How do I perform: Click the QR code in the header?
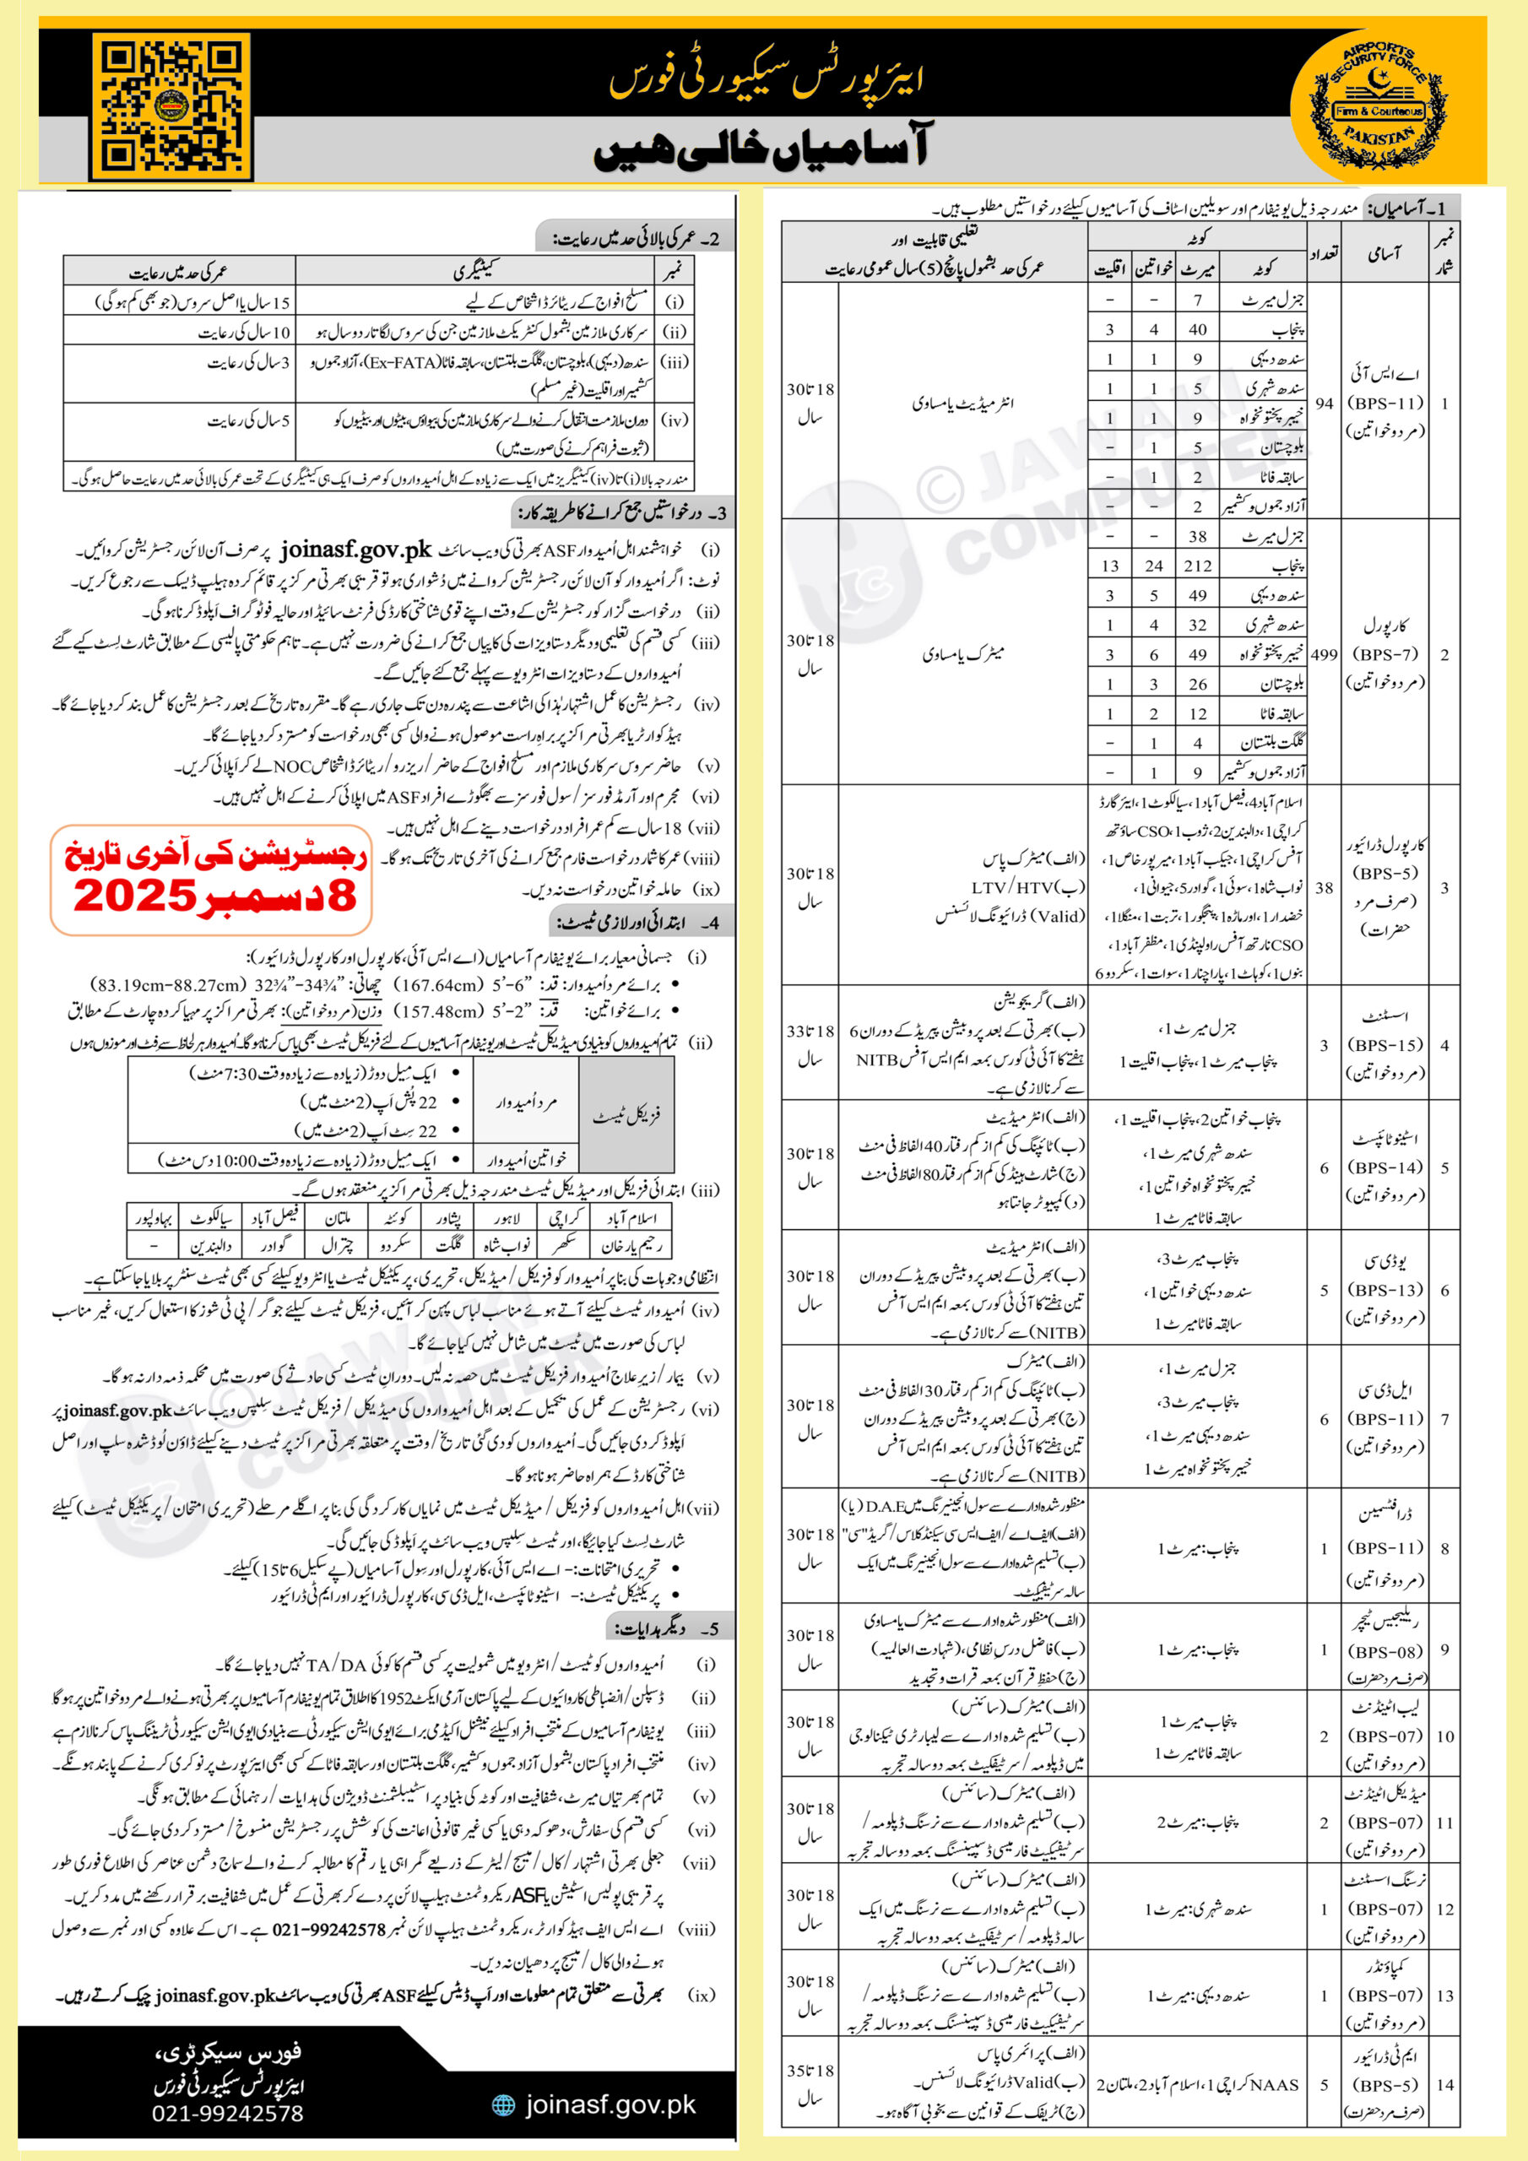171,106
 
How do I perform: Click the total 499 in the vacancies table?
1324,654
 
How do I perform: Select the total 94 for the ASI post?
1324,403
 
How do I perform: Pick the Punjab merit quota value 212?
1198,566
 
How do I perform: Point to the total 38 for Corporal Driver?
1324,887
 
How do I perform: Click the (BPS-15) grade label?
1384,1045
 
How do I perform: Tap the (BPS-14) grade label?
1384,1167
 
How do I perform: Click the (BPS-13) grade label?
1384,1290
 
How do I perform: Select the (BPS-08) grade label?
1384,1652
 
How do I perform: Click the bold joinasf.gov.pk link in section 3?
356,549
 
